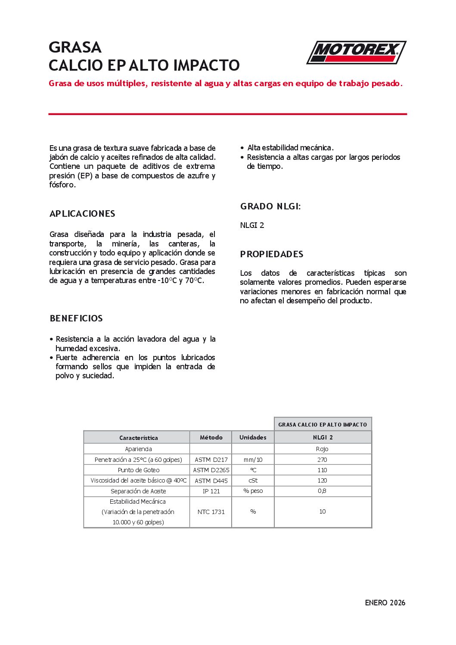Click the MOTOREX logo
(x=356, y=52)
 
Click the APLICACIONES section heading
(x=82, y=214)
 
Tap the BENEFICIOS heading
(x=76, y=318)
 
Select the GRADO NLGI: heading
(x=270, y=206)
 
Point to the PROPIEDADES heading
(x=272, y=254)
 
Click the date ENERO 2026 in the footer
(x=385, y=603)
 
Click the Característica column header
(x=138, y=438)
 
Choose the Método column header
(x=211, y=437)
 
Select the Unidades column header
(x=253, y=437)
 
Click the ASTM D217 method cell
(x=211, y=460)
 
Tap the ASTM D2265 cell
(x=211, y=470)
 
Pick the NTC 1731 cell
(x=211, y=512)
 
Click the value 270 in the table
(x=322, y=460)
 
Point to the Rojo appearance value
(x=322, y=449)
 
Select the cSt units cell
(x=253, y=480)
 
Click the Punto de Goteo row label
(x=138, y=470)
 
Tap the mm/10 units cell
(x=253, y=460)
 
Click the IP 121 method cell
(x=211, y=491)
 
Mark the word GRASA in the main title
(x=75, y=47)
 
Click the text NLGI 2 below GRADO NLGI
(x=252, y=225)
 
